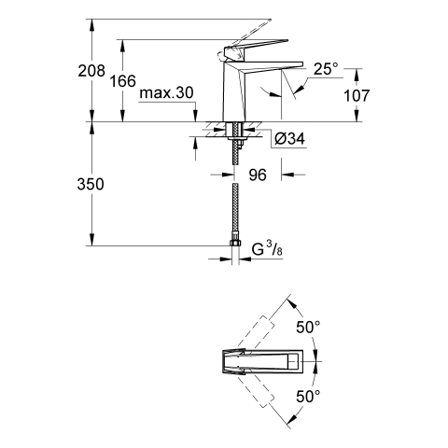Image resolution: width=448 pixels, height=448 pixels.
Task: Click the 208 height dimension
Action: pos(91,71)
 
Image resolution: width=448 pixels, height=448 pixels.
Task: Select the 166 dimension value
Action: pos(123,81)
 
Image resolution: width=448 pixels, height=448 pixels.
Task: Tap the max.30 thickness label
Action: pos(166,92)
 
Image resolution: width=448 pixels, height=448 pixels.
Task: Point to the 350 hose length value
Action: pos(91,184)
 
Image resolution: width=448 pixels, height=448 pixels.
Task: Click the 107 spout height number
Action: pos(357,95)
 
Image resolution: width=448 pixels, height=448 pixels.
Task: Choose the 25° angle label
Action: pos(326,69)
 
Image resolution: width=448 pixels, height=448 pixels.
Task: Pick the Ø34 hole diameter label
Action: pos(289,139)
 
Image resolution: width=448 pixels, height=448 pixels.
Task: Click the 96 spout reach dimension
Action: pos(258,175)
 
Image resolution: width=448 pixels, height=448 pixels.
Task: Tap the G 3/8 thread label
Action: pos(267,249)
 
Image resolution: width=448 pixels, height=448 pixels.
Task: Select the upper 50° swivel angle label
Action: pos(308,327)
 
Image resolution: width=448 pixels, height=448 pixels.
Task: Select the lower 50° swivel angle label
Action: pos(308,397)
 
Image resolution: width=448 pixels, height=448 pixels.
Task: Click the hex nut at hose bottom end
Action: pos(235,243)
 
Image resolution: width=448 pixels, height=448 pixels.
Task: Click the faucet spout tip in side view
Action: pos(301,63)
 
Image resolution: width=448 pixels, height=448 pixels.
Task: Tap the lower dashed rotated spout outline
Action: pos(257,389)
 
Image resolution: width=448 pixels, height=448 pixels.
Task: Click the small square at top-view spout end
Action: pos(293,361)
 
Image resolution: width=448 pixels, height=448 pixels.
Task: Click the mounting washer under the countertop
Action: pos(237,137)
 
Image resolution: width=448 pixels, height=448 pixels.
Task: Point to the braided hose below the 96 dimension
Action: pos(235,212)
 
